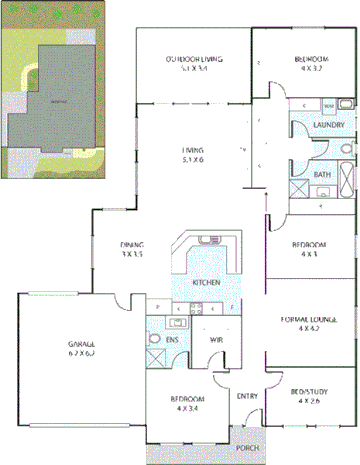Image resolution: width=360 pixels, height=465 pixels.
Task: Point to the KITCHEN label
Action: pos(206,283)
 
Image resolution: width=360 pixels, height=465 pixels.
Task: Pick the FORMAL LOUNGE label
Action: pos(303,319)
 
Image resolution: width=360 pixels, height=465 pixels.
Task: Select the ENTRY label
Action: pos(247,397)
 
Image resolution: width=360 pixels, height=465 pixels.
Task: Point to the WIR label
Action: pos(215,340)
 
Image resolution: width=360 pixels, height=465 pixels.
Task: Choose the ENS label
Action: pos(172,340)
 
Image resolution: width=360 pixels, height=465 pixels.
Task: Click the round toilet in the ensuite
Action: pos(154,339)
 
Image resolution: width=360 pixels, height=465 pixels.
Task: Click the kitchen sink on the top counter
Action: pos(207,241)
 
